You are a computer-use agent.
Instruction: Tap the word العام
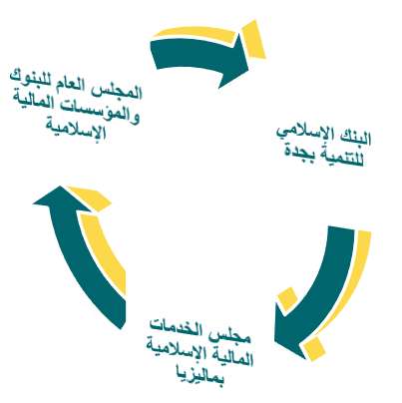click(84, 86)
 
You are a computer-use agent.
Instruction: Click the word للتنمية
click(341, 158)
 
